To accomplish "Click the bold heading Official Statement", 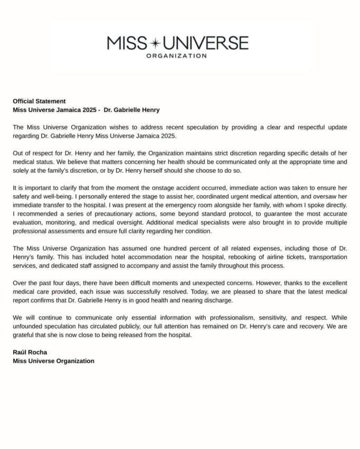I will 39,101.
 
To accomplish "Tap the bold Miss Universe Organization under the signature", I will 53,361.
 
